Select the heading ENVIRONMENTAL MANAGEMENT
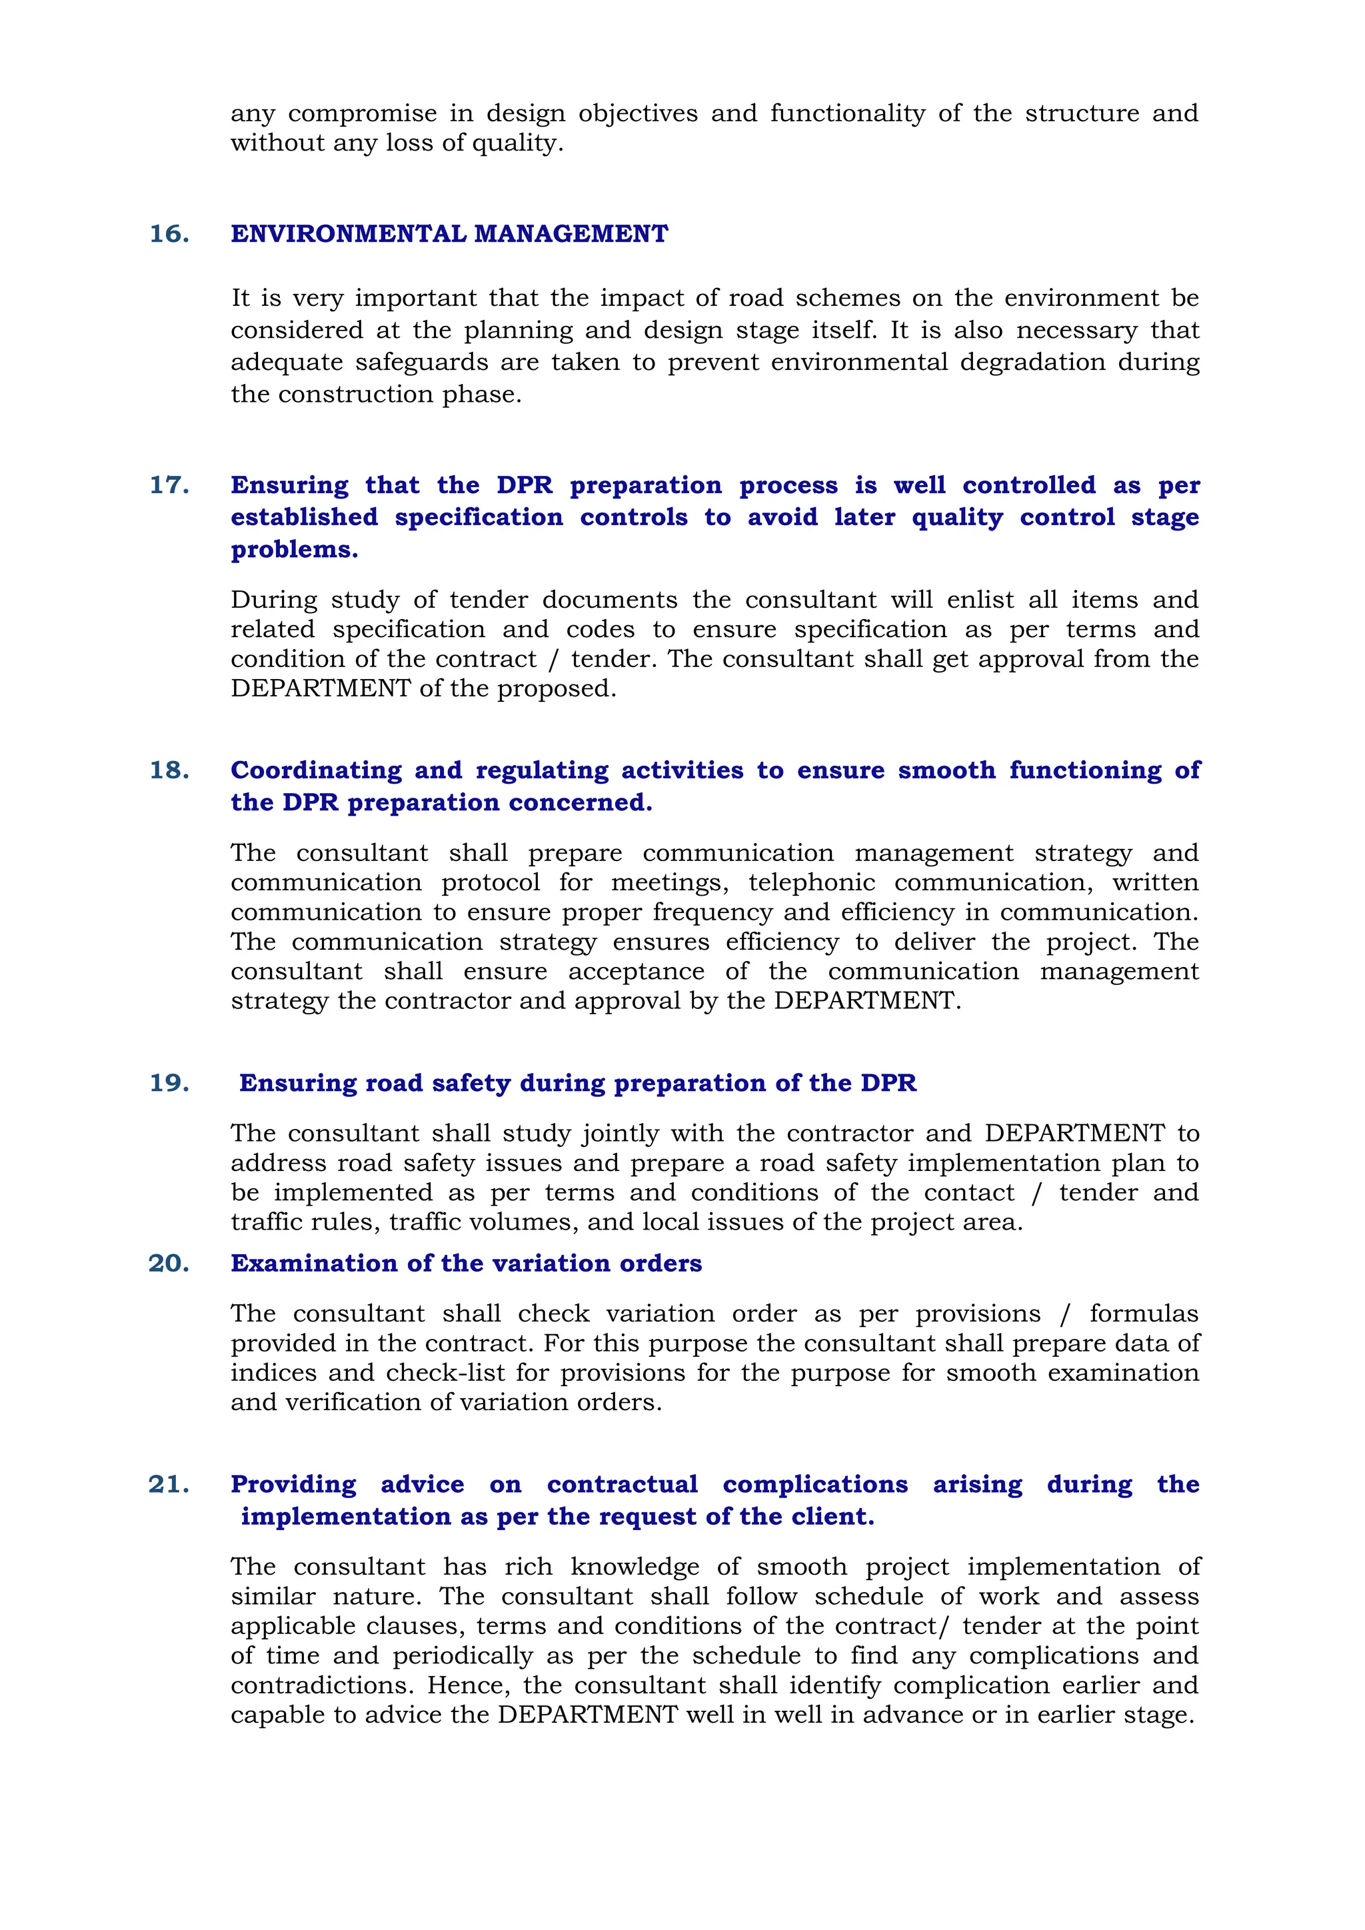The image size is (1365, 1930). (450, 234)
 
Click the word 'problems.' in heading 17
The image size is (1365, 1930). (294, 550)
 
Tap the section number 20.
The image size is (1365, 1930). (169, 1264)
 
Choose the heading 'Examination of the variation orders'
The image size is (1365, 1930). (467, 1264)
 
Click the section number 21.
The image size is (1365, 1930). (169, 1484)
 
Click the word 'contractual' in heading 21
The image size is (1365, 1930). (622, 1484)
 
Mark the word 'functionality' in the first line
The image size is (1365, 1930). (847, 113)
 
